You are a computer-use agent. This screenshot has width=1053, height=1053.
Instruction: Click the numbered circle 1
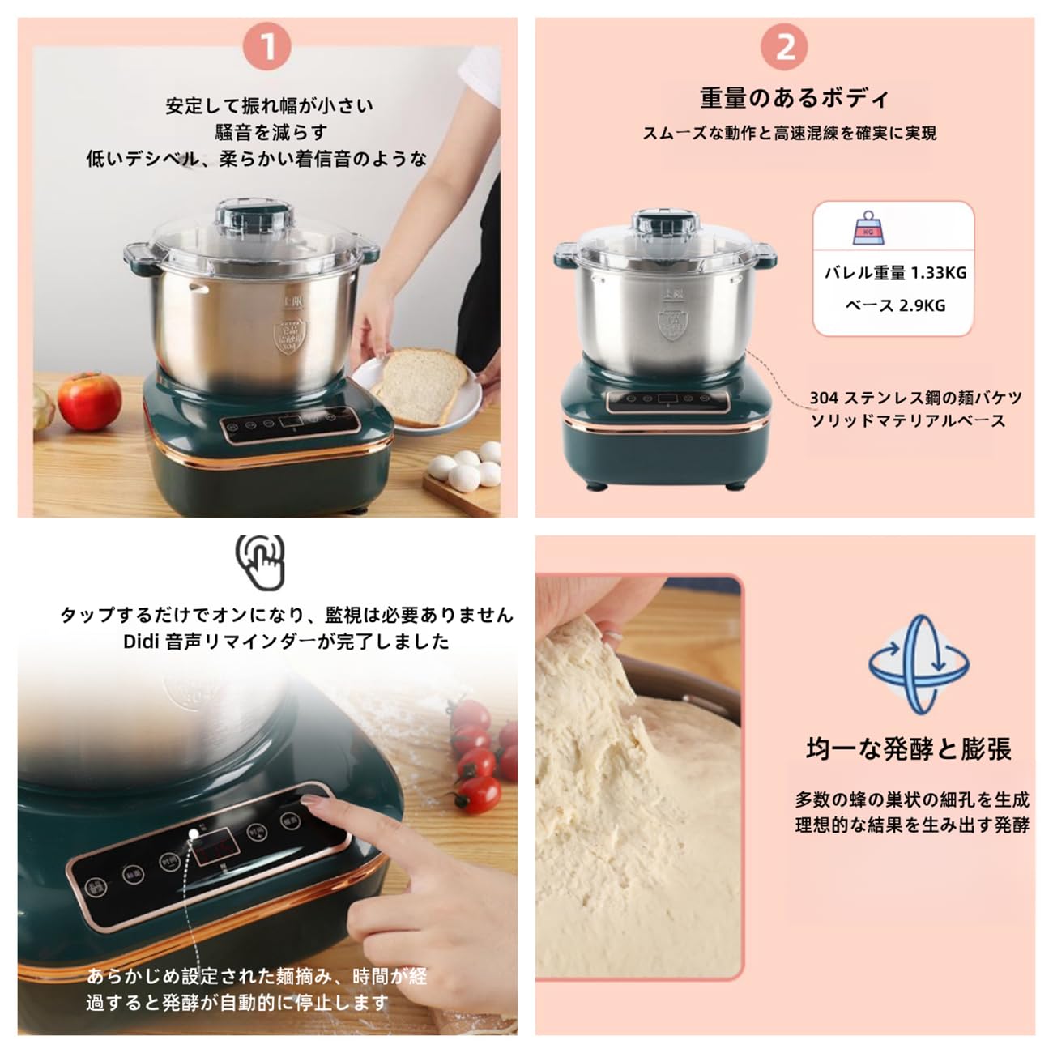click(x=267, y=48)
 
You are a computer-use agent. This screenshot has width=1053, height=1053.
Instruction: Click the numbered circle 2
click(x=784, y=46)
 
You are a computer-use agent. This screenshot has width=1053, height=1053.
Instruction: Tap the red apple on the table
click(x=89, y=401)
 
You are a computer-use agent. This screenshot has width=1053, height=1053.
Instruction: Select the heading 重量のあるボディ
click(x=795, y=99)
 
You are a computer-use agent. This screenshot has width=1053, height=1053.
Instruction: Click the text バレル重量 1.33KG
click(x=895, y=273)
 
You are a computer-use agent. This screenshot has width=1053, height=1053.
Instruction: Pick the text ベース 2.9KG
click(x=895, y=305)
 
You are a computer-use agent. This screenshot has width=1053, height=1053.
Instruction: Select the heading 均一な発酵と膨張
click(x=909, y=749)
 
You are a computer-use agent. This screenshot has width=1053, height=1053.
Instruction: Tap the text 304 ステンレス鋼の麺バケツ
click(x=915, y=398)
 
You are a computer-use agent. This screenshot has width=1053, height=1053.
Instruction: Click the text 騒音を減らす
click(x=271, y=132)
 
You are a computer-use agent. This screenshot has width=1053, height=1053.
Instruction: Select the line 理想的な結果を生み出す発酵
click(x=911, y=825)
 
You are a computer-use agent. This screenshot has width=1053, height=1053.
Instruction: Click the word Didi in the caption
click(x=142, y=642)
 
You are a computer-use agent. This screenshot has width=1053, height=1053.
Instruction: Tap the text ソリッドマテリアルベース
click(x=907, y=420)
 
